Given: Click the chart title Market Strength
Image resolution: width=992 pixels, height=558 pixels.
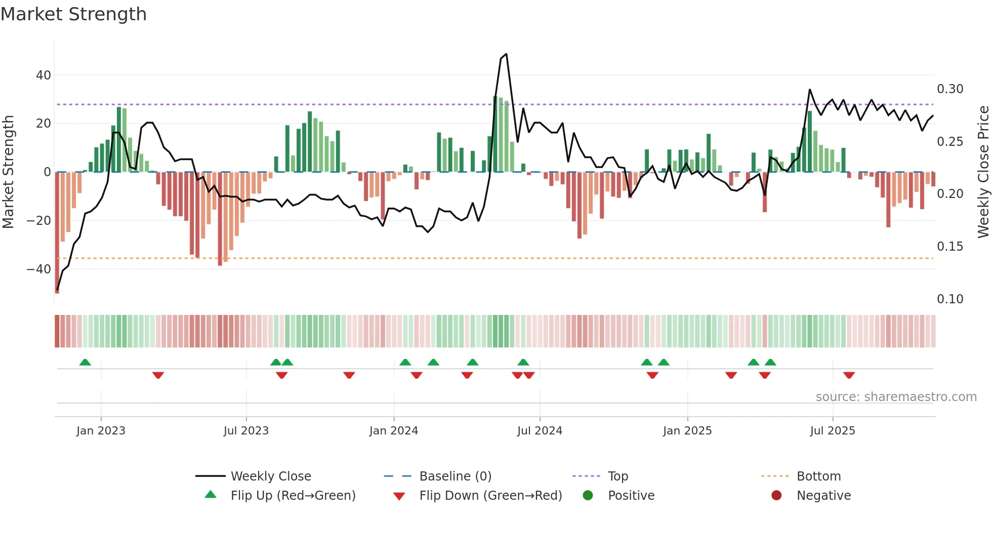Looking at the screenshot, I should click(x=73, y=14).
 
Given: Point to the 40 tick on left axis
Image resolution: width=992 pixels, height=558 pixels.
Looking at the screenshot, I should click(x=44, y=75).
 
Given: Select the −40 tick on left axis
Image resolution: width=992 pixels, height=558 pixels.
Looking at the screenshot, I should click(x=39, y=269).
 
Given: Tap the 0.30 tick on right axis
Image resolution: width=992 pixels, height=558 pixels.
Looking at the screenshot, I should click(x=950, y=89).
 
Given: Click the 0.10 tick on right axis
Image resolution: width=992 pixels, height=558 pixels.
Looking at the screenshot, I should click(x=950, y=299).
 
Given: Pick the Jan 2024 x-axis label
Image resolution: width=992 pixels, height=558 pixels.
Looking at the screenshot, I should click(x=393, y=430).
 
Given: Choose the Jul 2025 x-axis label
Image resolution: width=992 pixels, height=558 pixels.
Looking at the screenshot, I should click(x=832, y=430).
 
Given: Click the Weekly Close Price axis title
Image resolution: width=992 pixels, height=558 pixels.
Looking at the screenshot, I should click(x=983, y=172).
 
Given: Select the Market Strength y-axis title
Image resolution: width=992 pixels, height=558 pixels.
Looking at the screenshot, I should click(x=8, y=172).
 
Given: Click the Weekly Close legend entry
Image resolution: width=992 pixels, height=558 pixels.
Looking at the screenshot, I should click(x=270, y=476).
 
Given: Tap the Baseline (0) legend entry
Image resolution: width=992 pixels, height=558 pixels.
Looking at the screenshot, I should click(x=455, y=476).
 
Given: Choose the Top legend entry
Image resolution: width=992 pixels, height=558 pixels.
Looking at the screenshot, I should click(x=617, y=476).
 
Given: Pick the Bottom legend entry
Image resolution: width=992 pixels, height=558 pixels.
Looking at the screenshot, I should click(x=818, y=476).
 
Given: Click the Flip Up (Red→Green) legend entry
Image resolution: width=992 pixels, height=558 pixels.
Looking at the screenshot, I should click(x=293, y=495).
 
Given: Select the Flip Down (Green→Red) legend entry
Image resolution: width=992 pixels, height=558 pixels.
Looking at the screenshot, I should click(x=490, y=495).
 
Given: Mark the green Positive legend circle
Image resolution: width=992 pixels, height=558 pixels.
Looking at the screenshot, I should click(x=588, y=495).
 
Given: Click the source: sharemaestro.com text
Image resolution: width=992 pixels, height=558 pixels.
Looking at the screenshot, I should click(x=896, y=396).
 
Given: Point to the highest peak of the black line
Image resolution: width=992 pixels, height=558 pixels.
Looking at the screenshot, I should click(x=506, y=54).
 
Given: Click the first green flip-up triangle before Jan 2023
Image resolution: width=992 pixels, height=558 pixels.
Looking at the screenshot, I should click(x=85, y=363).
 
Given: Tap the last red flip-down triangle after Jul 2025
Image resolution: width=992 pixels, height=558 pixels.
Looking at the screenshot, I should click(x=849, y=375).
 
